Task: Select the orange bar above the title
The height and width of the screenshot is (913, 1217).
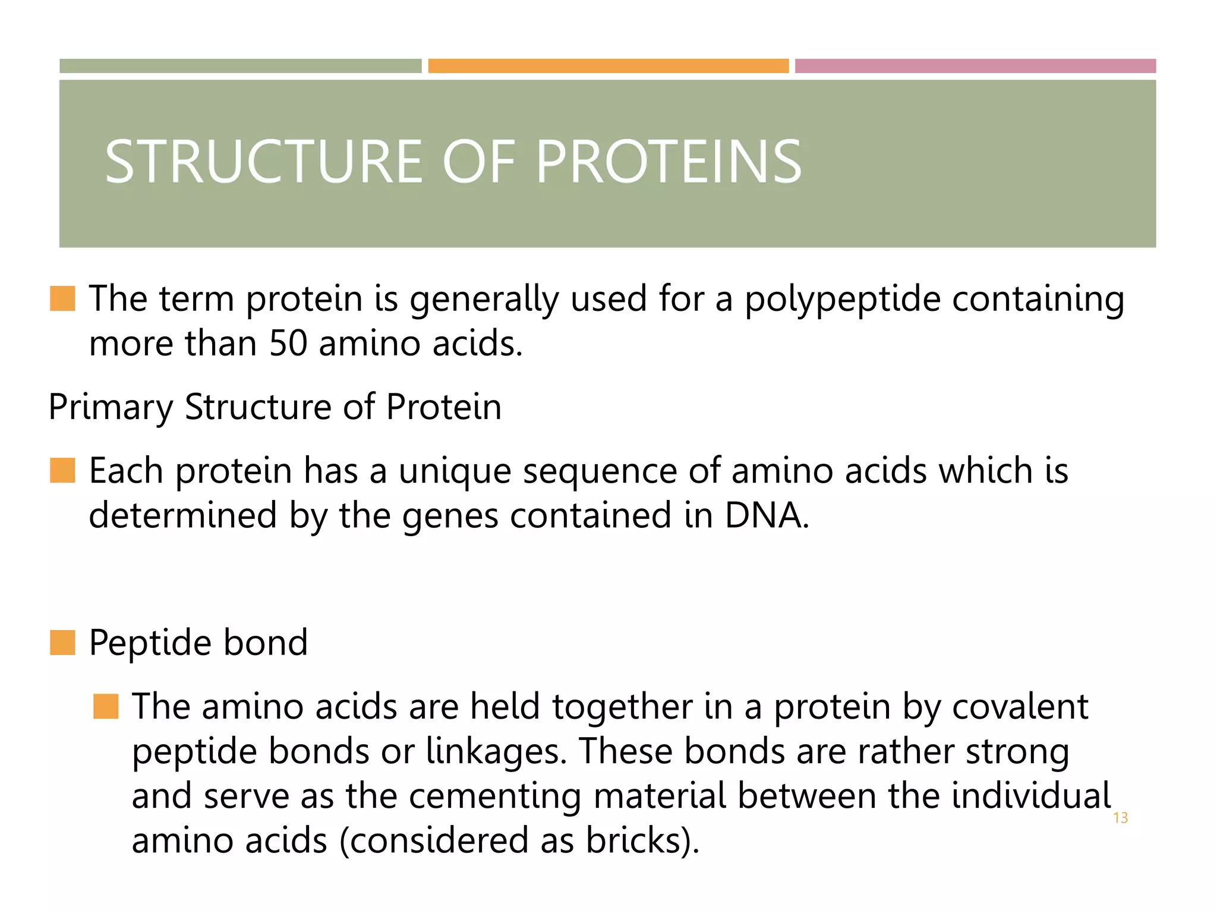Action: [608, 66]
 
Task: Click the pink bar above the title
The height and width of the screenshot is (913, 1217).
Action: [975, 66]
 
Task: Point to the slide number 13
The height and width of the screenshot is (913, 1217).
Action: [1120, 818]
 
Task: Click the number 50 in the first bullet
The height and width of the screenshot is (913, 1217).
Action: [288, 344]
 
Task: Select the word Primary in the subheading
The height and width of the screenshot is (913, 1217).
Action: [111, 408]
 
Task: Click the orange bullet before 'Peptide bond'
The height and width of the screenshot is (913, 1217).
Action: [62, 643]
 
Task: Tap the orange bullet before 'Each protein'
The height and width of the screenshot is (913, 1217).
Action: [62, 470]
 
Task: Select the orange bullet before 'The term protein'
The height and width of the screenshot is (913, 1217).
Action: [62, 298]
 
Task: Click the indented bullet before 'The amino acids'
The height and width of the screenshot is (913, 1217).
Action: [106, 706]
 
